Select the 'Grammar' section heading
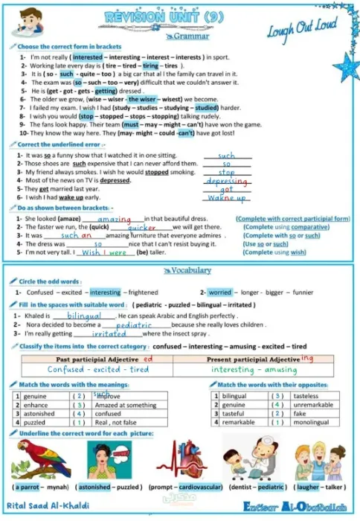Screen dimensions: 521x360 pos(190,36)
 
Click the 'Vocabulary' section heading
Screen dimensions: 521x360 pos(191,271)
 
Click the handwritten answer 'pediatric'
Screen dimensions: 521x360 pos(134,325)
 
